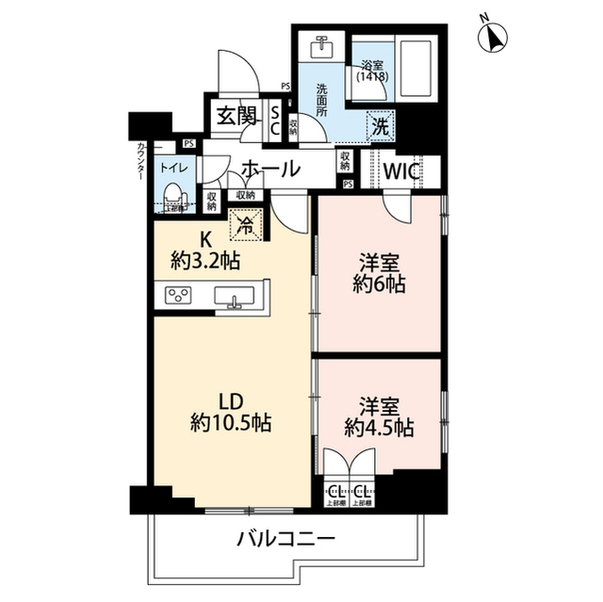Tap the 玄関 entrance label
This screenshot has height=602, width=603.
pos(236,116)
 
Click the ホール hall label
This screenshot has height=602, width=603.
pos(271,170)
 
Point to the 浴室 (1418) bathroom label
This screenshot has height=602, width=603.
pos(371,72)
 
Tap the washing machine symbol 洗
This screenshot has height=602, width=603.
pos(380,122)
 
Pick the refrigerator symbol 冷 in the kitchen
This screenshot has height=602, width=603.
pos(244,225)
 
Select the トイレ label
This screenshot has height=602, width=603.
pos(172,167)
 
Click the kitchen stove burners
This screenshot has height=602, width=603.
pos(179,297)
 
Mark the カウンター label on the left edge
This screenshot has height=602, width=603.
pos(139,161)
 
